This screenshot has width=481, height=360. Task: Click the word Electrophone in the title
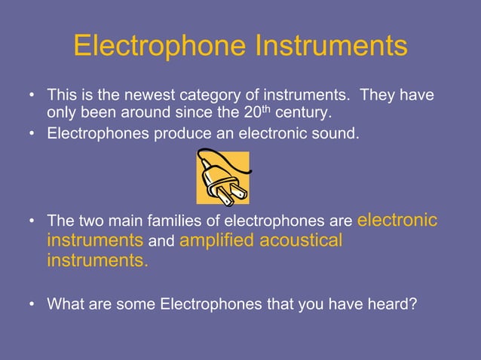tap(159, 46)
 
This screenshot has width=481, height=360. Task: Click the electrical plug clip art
tap(222, 177)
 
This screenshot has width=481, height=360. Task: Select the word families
tap(161, 222)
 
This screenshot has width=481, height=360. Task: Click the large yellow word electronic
tap(397, 220)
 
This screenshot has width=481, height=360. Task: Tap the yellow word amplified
tap(216, 241)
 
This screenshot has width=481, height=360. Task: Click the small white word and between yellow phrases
tap(162, 243)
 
